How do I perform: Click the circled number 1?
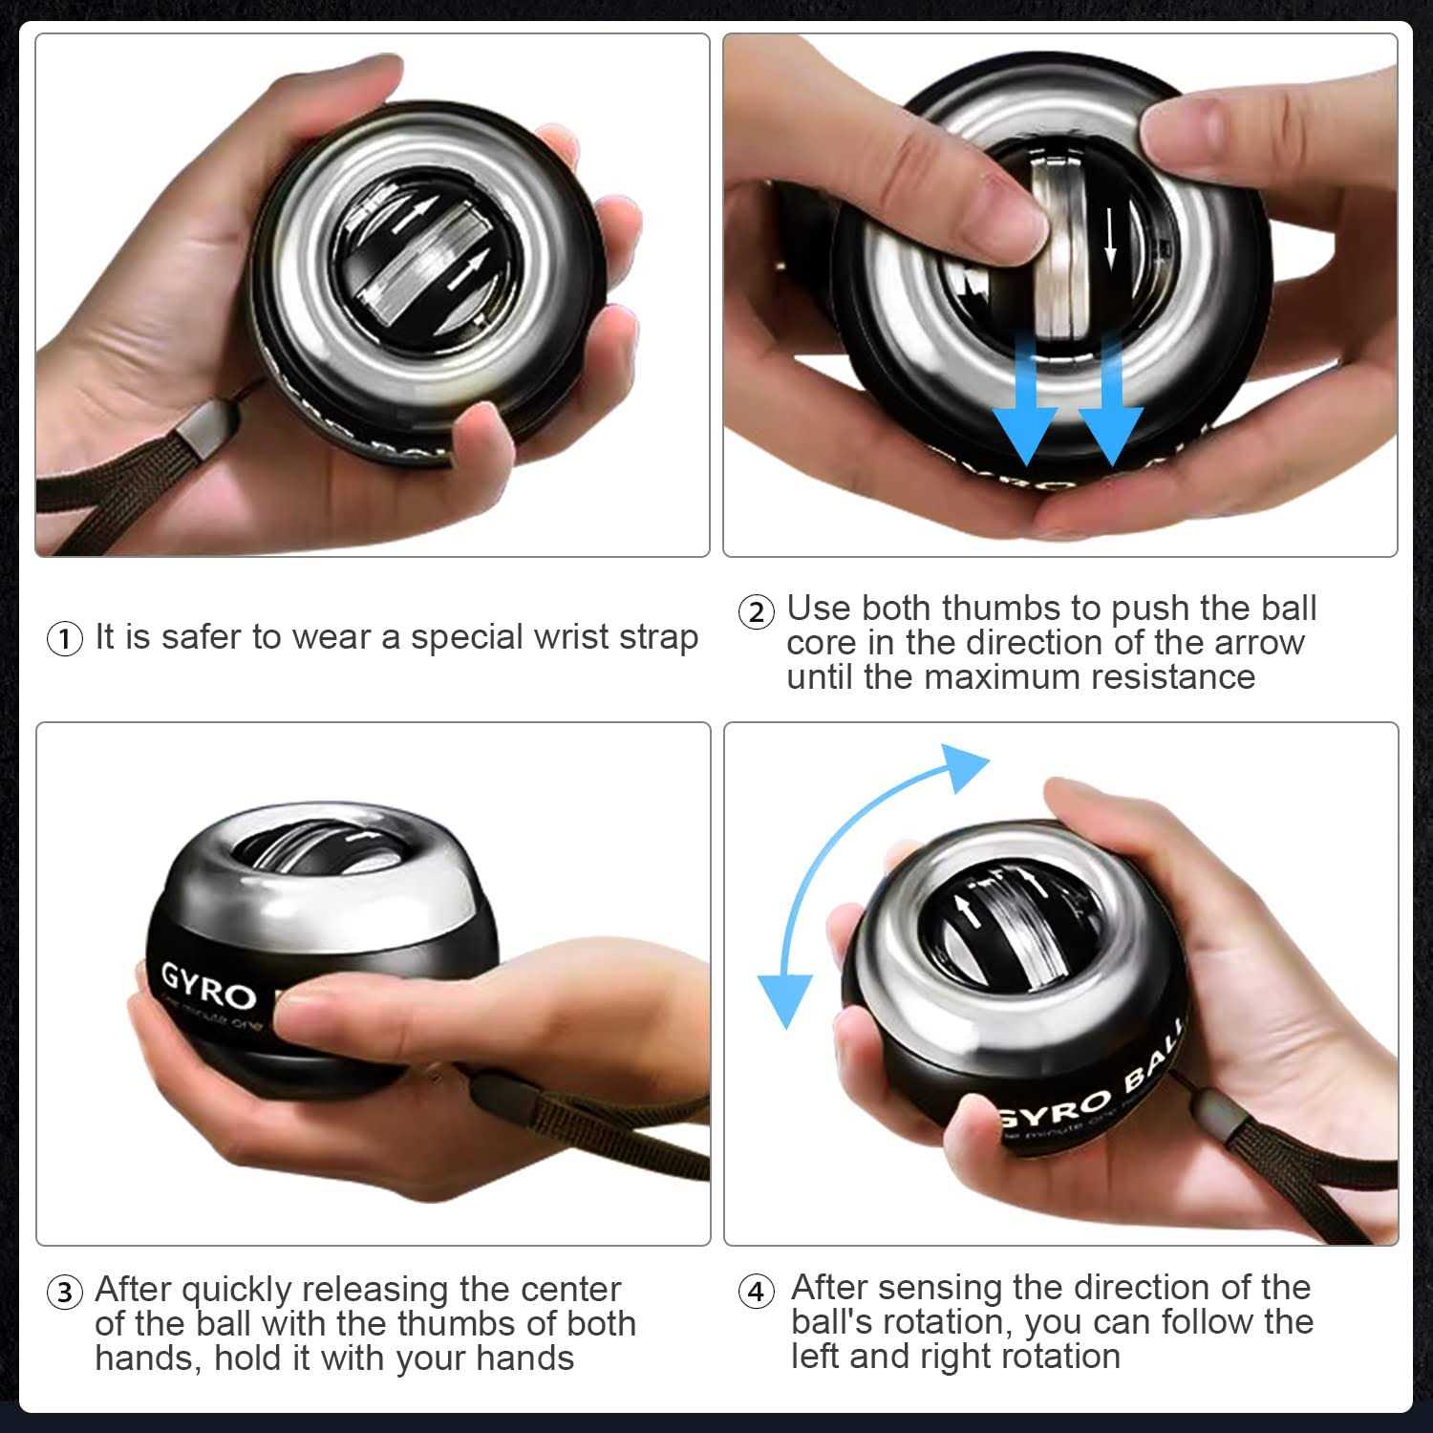click(65, 638)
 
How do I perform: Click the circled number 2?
click(756, 612)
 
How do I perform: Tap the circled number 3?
click(65, 1294)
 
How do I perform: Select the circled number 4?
click(756, 1292)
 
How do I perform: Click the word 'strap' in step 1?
click(658, 638)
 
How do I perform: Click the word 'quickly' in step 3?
click(236, 1291)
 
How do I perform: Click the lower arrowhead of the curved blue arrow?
click(784, 998)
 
